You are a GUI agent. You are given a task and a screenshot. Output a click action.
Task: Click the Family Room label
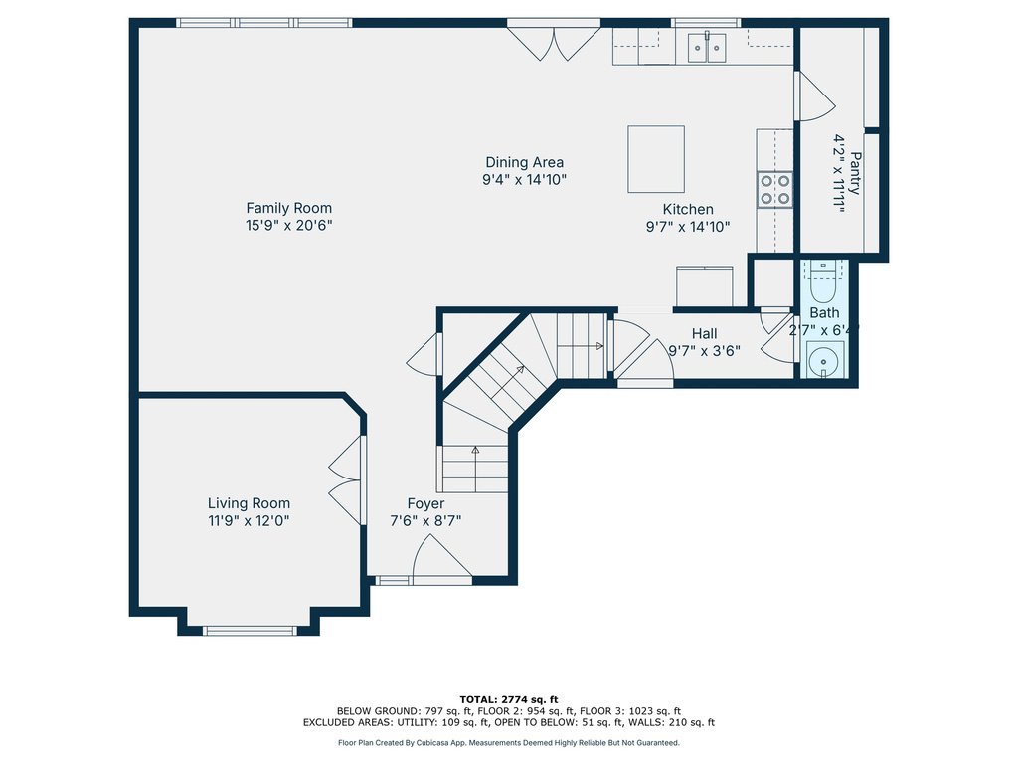tap(288, 208)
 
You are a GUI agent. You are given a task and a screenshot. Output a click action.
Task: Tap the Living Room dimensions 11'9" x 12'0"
tap(249, 520)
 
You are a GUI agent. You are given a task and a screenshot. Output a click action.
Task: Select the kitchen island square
tap(656, 159)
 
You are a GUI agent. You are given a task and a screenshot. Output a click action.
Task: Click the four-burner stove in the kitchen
tap(775, 189)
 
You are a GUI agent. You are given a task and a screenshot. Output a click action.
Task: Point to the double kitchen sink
tap(707, 47)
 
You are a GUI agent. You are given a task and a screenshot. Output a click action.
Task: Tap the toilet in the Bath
tap(823, 282)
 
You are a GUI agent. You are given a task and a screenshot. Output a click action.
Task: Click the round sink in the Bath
tap(824, 360)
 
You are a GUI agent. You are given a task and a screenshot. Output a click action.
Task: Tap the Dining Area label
tap(524, 162)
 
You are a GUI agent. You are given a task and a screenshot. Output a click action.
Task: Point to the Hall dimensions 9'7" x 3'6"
tap(704, 350)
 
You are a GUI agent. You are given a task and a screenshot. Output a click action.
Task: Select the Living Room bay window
tap(250, 630)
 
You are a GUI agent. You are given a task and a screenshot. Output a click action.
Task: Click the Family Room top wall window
tap(264, 23)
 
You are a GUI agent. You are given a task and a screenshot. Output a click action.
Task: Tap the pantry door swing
tap(814, 97)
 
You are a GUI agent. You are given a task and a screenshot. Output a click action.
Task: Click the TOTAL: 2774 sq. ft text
tap(509, 698)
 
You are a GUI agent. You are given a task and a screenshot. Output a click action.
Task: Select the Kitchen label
tap(688, 209)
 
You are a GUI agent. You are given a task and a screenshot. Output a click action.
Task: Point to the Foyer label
tap(425, 504)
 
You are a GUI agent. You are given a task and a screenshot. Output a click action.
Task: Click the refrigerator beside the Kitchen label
tap(705, 286)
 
